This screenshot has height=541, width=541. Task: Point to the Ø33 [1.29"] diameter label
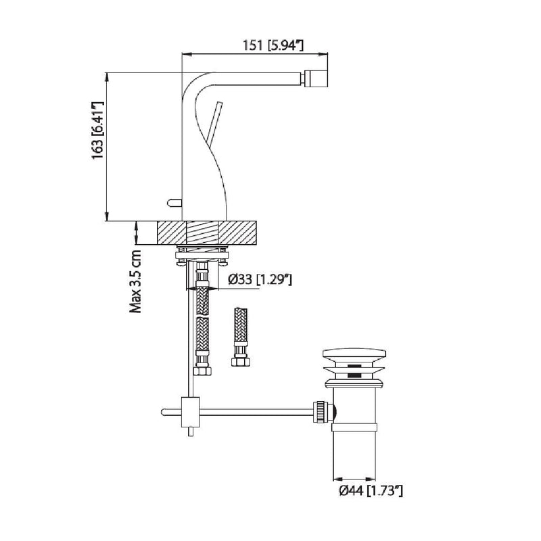pos(260,279)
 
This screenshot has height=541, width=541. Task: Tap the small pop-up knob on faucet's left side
pos(174,202)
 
